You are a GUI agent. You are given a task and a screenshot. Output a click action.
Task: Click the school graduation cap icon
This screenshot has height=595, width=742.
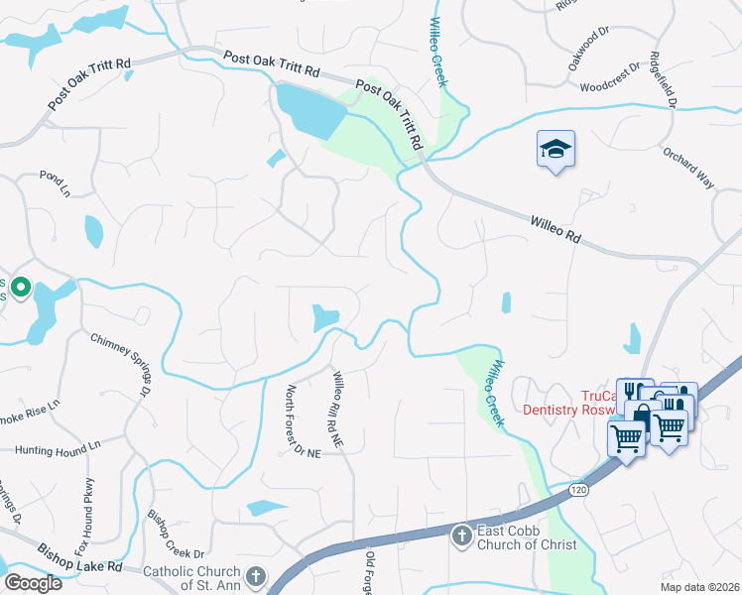[x=556, y=150]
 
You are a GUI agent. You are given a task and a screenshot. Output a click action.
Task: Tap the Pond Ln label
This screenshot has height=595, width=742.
[x=55, y=181]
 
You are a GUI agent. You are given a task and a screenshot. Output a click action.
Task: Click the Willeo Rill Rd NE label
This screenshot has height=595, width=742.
[x=337, y=407]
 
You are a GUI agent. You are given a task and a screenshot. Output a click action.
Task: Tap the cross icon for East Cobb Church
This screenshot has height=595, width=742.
[x=461, y=536]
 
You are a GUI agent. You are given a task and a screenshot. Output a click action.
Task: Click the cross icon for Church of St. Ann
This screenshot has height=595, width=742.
[x=255, y=576]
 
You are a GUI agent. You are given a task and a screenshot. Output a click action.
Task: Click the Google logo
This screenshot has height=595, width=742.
[x=34, y=583]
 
